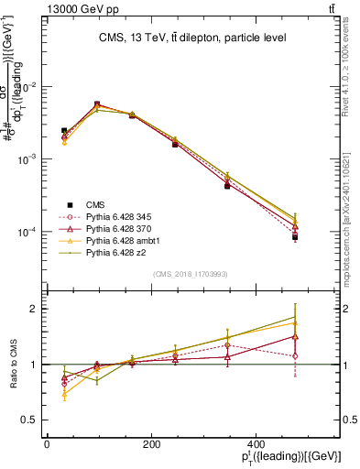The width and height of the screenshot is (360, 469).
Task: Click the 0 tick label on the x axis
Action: (x=47, y=443)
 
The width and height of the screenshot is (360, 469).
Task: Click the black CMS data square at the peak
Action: (x=97, y=105)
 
